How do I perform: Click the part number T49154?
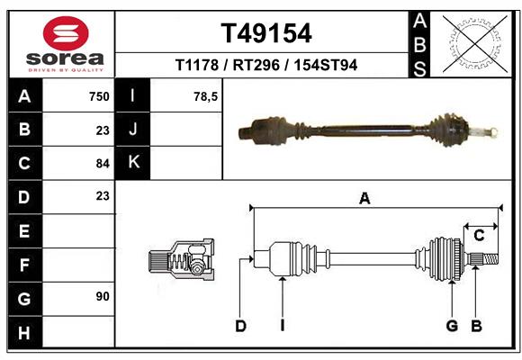click(266, 33)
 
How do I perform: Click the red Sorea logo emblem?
click(67, 34)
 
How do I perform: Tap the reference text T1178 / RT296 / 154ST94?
click(266, 66)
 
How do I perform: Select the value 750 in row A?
click(98, 96)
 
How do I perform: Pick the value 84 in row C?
click(102, 164)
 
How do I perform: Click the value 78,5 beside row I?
click(205, 96)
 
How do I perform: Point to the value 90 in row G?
click(102, 296)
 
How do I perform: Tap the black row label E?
click(24, 230)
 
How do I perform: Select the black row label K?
click(133, 163)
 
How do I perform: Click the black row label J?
click(133, 130)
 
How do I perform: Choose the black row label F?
click(24, 265)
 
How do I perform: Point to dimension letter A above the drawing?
click(364, 199)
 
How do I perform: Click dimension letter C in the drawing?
click(480, 236)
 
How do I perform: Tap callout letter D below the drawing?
click(240, 326)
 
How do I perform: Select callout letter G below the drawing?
click(452, 326)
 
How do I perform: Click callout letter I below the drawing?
click(282, 326)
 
